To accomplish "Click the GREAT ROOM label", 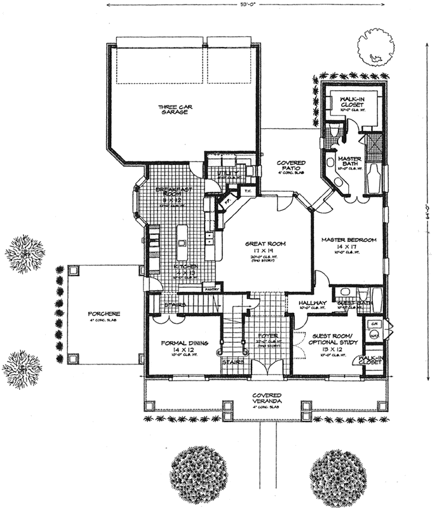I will [x=266, y=243].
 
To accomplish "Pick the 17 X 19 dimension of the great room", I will [x=266, y=251].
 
